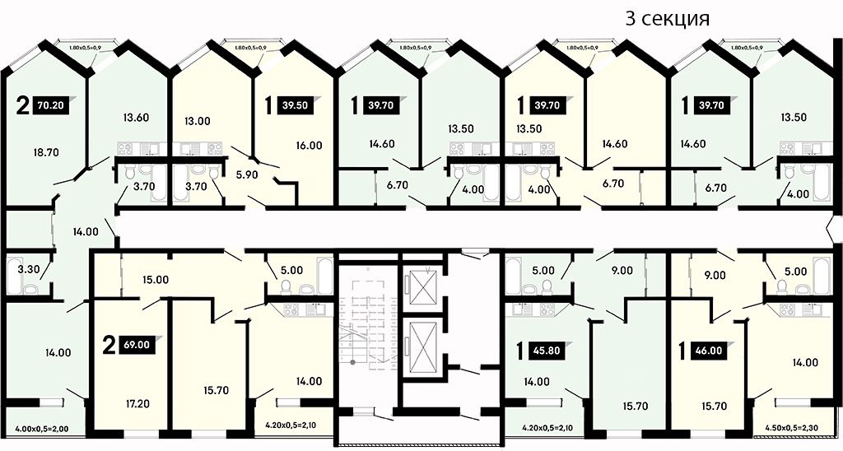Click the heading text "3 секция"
click(x=667, y=18)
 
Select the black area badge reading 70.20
click(x=51, y=105)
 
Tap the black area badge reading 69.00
click(x=137, y=345)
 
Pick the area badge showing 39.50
click(x=296, y=105)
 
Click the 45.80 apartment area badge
click(x=547, y=351)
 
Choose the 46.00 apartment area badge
click(x=709, y=351)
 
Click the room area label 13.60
click(x=136, y=117)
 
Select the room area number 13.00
click(x=198, y=121)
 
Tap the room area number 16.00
click(x=309, y=145)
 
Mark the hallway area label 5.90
click(x=247, y=174)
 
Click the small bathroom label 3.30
click(x=29, y=269)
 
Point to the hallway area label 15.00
click(x=156, y=280)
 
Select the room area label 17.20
click(x=137, y=403)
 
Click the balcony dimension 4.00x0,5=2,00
click(x=42, y=430)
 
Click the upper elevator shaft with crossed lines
click(x=422, y=286)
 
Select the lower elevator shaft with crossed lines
click(x=422, y=347)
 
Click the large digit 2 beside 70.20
click(x=22, y=106)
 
